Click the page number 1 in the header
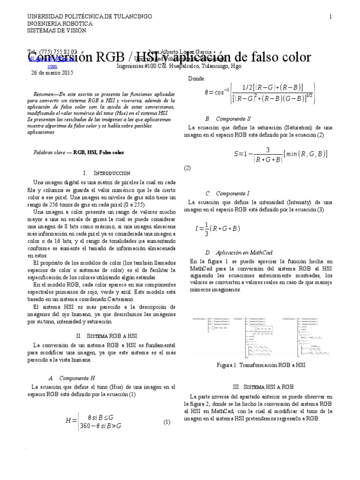(330, 16)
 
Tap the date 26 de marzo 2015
(52, 73)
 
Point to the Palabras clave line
(79, 152)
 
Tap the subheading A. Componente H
(72, 377)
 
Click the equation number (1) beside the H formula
(166, 422)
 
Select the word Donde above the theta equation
(196, 79)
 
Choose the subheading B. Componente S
(228, 119)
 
